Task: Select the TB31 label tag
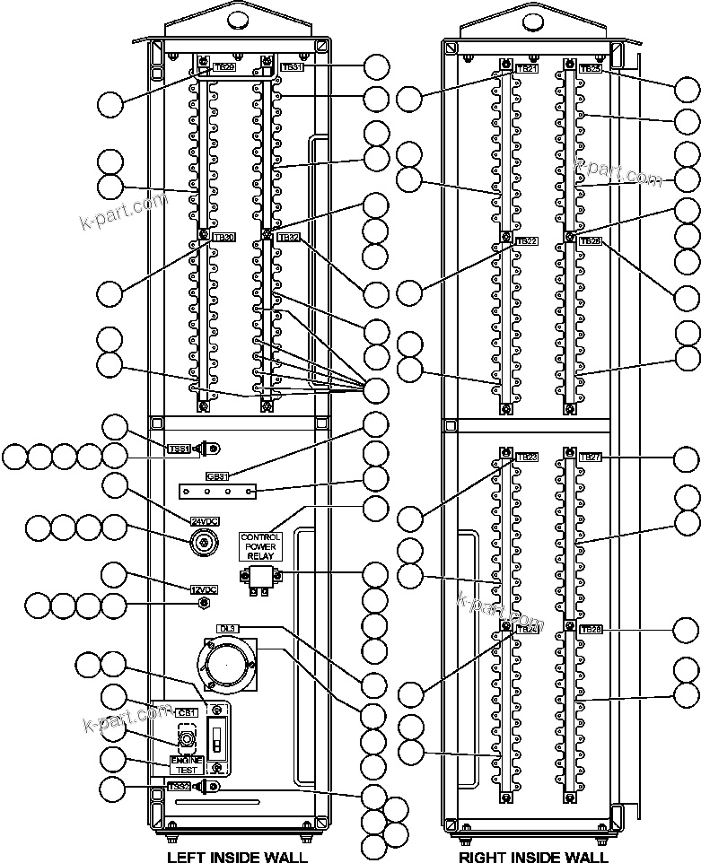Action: pyautogui.click(x=292, y=67)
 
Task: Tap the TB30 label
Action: pyautogui.click(x=223, y=238)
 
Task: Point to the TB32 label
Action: pyautogui.click(x=288, y=238)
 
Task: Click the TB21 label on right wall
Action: pyautogui.click(x=527, y=68)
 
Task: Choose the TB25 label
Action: pyautogui.click(x=590, y=68)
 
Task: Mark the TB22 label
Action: pyautogui.click(x=527, y=241)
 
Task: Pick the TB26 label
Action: pyautogui.click(x=590, y=241)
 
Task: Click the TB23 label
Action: pyautogui.click(x=527, y=458)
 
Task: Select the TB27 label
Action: pyautogui.click(x=590, y=458)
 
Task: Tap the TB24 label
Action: pyautogui.click(x=527, y=630)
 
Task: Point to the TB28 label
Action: pyautogui.click(x=590, y=630)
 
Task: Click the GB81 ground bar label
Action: pyautogui.click(x=217, y=476)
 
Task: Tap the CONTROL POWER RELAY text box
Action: pyautogui.click(x=260, y=545)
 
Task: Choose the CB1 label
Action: pyautogui.click(x=187, y=712)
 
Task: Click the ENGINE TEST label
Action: pyautogui.click(x=187, y=765)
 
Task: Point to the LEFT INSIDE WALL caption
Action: pyautogui.click(x=237, y=858)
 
